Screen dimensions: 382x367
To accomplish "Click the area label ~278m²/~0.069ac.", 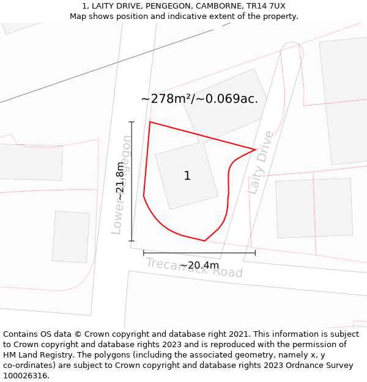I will point(199,99).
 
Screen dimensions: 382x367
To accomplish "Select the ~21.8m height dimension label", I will point(120,182).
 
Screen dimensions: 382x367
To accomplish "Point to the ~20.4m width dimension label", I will point(199,265).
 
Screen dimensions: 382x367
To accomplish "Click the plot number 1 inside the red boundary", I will point(187,176).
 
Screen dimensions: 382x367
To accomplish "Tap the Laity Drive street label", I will point(261,163).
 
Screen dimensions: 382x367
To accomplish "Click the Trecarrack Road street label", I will point(194,268).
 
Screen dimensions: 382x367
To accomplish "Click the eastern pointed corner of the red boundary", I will point(255,149).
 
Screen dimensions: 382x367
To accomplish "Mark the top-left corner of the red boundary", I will point(150,122).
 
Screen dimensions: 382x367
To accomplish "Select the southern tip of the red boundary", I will point(204,241).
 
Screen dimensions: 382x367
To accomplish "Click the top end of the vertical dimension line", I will point(132,122).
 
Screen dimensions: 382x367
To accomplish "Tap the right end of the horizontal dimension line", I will point(255,252).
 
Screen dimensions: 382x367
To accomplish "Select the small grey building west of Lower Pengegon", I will point(71,237).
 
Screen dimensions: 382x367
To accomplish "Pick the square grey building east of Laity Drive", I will point(314,208).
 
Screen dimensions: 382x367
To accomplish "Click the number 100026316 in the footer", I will point(26,376).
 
